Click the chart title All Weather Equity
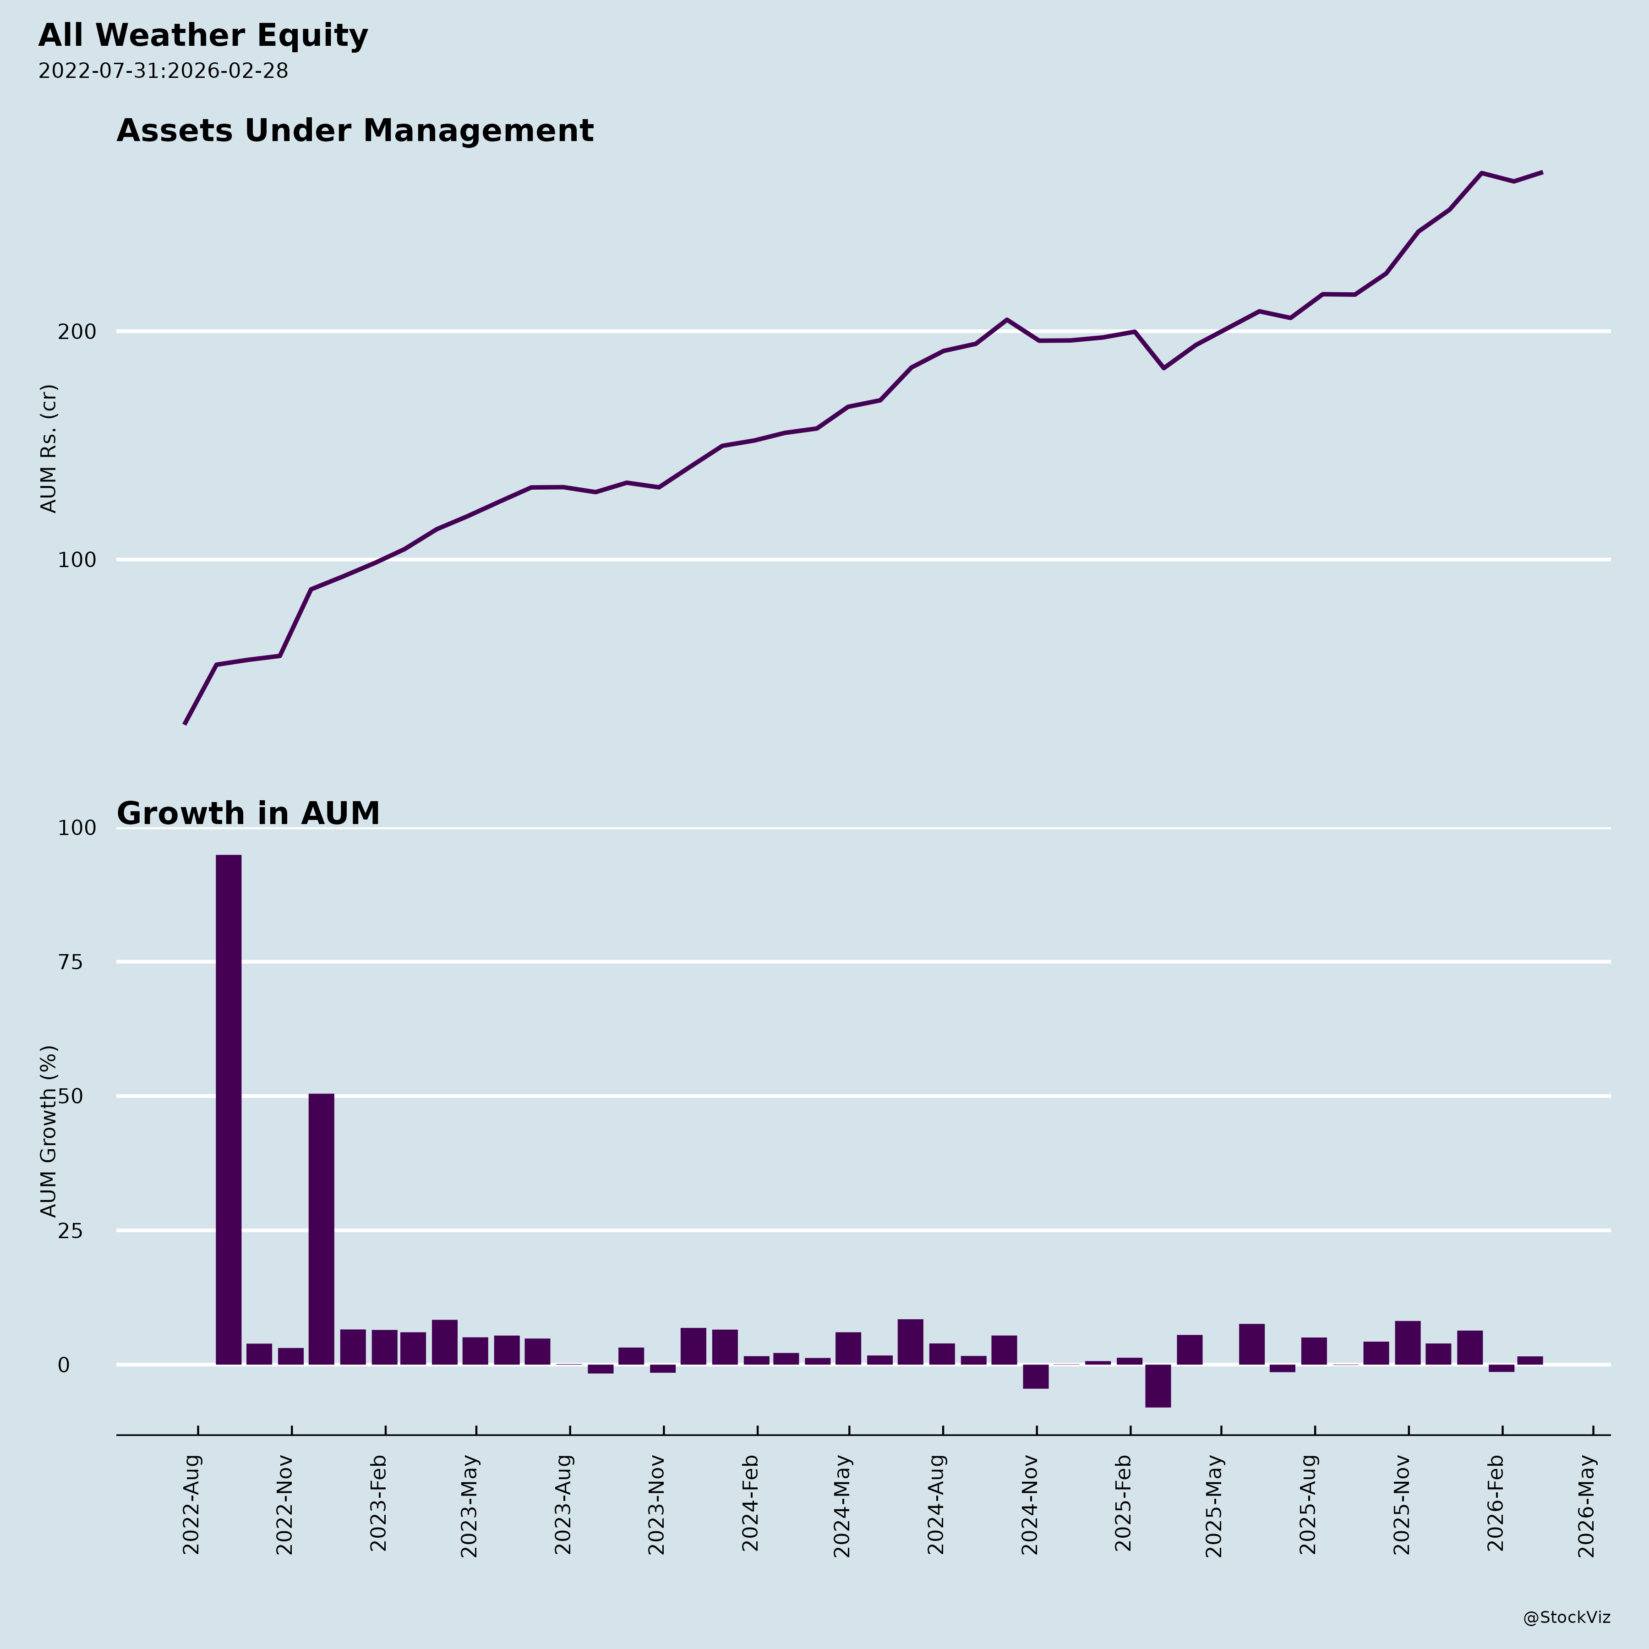coord(203,36)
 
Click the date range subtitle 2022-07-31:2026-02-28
coord(163,71)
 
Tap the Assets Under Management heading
coord(354,131)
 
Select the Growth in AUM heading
coord(247,814)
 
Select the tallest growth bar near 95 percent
coord(228,1109)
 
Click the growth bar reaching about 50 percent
coord(321,1229)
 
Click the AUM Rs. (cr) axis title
coord(49,448)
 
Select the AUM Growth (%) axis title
coord(49,1131)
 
